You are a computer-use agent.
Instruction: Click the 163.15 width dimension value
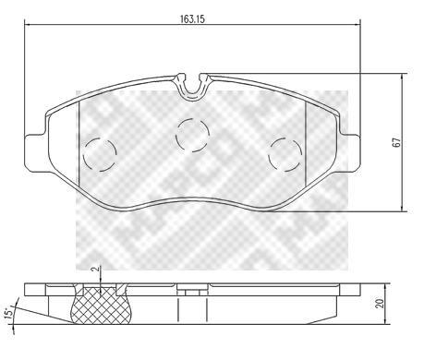coord(192,19)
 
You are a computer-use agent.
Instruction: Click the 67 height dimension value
coord(397,142)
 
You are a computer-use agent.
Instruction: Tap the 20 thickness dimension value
coord(380,304)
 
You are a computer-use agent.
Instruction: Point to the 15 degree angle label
coord(9,312)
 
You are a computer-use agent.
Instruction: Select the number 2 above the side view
coord(95,269)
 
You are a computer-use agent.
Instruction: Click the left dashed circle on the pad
coord(100,155)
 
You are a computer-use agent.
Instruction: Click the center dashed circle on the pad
coord(192,135)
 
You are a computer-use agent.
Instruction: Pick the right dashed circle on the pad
coord(285,154)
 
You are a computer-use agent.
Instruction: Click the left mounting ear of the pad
coord(34,153)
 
